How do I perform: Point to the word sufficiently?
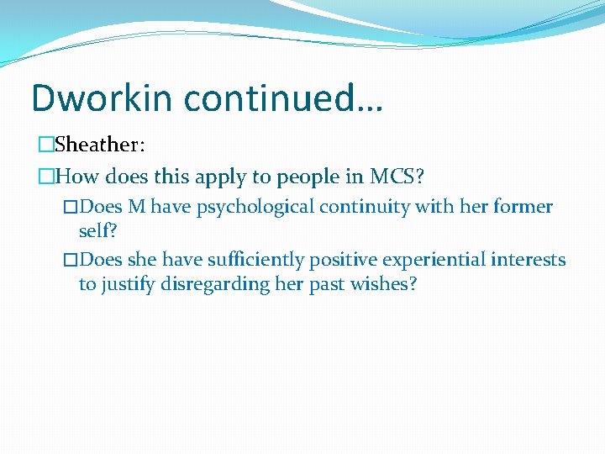256,260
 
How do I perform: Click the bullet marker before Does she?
71,260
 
